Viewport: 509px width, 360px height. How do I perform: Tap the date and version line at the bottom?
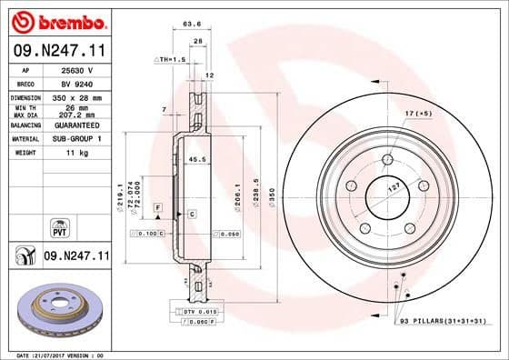pyautogui.click(x=56, y=354)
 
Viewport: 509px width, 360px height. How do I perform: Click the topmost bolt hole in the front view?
pyautogui.click(x=388, y=160)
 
